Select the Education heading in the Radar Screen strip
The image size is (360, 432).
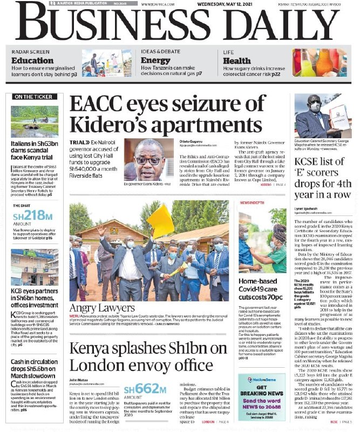(32, 60)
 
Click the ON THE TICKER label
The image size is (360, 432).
(35, 97)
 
